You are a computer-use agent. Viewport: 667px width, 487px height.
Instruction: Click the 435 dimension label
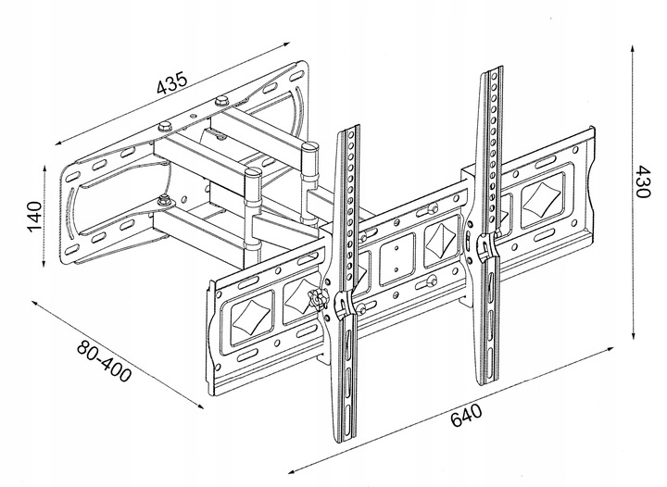(173, 83)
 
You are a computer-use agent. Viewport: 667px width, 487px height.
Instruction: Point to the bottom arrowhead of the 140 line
(45, 266)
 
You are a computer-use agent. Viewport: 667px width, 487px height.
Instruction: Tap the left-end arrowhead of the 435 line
(57, 144)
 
